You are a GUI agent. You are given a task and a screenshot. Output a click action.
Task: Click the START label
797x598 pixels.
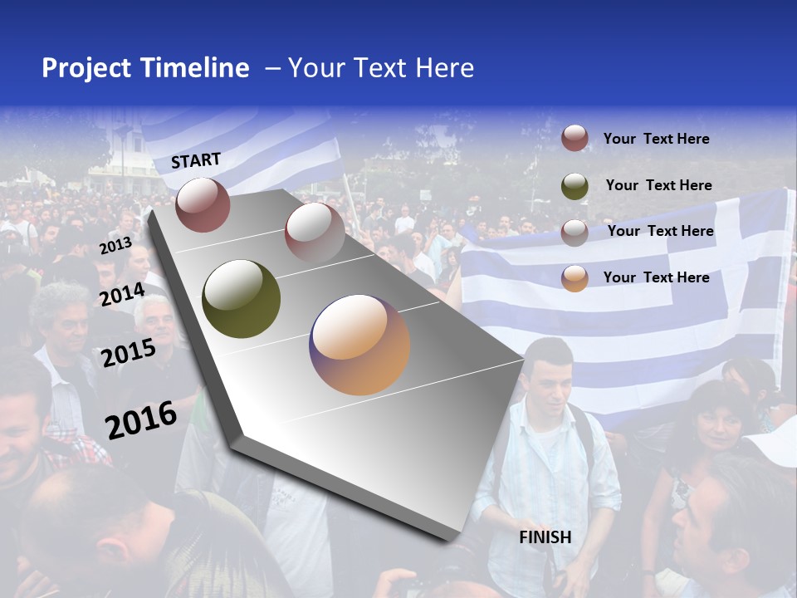click(196, 159)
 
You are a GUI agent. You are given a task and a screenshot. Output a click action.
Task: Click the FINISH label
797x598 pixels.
click(545, 537)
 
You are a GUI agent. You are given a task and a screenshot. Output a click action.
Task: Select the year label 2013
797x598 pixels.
click(115, 247)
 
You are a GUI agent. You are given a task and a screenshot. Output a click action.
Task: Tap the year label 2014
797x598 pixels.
click(122, 294)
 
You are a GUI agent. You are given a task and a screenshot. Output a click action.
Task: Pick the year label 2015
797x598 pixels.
click(129, 353)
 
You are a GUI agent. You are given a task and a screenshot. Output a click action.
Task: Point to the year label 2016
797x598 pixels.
click(141, 420)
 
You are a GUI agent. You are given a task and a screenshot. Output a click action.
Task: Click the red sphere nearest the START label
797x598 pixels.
click(203, 204)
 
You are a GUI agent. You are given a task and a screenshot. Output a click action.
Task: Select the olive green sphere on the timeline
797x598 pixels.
click(241, 299)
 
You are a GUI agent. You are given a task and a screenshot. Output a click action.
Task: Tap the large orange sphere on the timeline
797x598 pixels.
click(359, 345)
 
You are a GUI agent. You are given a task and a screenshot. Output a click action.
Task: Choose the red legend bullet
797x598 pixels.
click(575, 139)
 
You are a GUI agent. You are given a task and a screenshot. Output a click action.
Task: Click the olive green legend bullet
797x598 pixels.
click(575, 185)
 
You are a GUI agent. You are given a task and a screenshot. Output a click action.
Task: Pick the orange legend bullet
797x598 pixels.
click(575, 278)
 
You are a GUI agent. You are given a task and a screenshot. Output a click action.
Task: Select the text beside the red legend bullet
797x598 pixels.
click(656, 139)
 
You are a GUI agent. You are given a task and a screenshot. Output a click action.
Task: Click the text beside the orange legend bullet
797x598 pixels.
click(656, 277)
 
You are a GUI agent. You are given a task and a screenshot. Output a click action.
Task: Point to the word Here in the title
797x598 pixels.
click(444, 68)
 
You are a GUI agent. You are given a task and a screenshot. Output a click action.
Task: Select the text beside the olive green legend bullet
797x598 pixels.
click(658, 185)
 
